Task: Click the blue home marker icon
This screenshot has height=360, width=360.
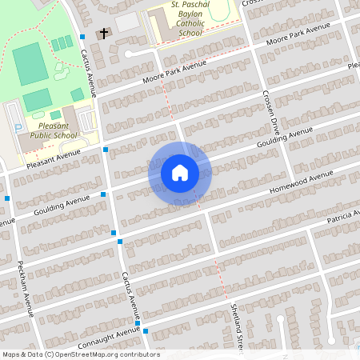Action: tap(179, 173)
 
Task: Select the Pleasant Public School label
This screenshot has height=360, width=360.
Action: tap(54, 130)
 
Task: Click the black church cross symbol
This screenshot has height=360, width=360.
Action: tap(103, 34)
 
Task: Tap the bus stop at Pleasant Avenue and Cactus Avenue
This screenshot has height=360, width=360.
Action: tap(106, 150)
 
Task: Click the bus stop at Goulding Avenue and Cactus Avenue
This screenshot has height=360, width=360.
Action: tap(103, 194)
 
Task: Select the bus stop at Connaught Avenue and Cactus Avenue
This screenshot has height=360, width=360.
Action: tap(146, 330)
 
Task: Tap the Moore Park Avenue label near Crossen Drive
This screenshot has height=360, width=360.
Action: tap(298, 36)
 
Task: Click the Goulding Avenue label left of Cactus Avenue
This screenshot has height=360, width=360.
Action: tap(61, 206)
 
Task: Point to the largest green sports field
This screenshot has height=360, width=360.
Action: tap(30, 64)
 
